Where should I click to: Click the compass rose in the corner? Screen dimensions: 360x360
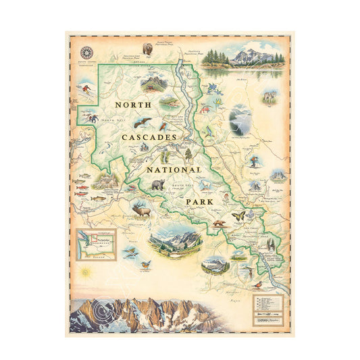click(x=87, y=52)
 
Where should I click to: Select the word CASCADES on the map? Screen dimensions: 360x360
click(x=149, y=137)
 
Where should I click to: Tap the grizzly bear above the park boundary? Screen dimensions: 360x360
click(x=147, y=49)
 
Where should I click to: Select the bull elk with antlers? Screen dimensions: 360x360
click(x=142, y=210)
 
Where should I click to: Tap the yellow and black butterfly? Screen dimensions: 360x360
click(x=238, y=215)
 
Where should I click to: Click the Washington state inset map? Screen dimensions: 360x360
click(x=95, y=245)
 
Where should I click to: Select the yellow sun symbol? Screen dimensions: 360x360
click(x=85, y=274)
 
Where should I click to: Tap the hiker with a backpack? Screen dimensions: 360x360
click(x=253, y=162)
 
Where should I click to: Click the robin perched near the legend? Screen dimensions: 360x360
click(x=251, y=272)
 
